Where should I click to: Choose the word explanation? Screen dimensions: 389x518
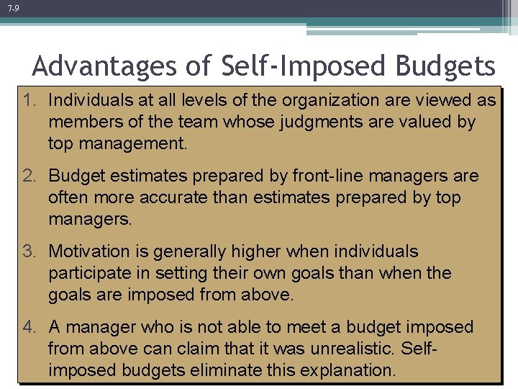(x=350, y=370)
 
